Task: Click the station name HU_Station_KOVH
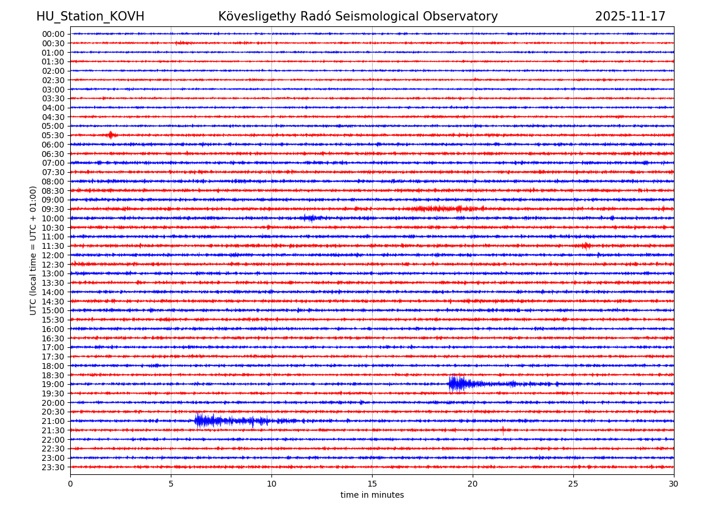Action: pos(90,16)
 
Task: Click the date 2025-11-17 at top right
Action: pos(630,16)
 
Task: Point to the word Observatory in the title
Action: pos(466,16)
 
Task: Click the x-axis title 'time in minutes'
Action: pos(372,495)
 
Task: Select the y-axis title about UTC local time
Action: pos(33,250)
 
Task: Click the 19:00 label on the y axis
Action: pos(53,384)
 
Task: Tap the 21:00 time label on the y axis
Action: pos(53,421)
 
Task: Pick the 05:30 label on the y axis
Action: pos(53,135)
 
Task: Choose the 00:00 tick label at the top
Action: pos(53,34)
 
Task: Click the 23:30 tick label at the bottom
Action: pos(53,467)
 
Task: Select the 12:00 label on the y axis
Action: pos(53,255)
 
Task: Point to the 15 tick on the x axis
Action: pos(372,484)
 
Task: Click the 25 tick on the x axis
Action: pos(573,484)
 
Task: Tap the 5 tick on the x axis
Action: pos(171,484)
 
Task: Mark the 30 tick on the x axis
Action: pos(674,484)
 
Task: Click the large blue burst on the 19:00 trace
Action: pos(457,384)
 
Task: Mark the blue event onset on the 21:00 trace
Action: pos(197,420)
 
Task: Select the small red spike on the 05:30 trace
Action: pos(110,135)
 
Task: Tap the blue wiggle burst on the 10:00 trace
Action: pos(310,218)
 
